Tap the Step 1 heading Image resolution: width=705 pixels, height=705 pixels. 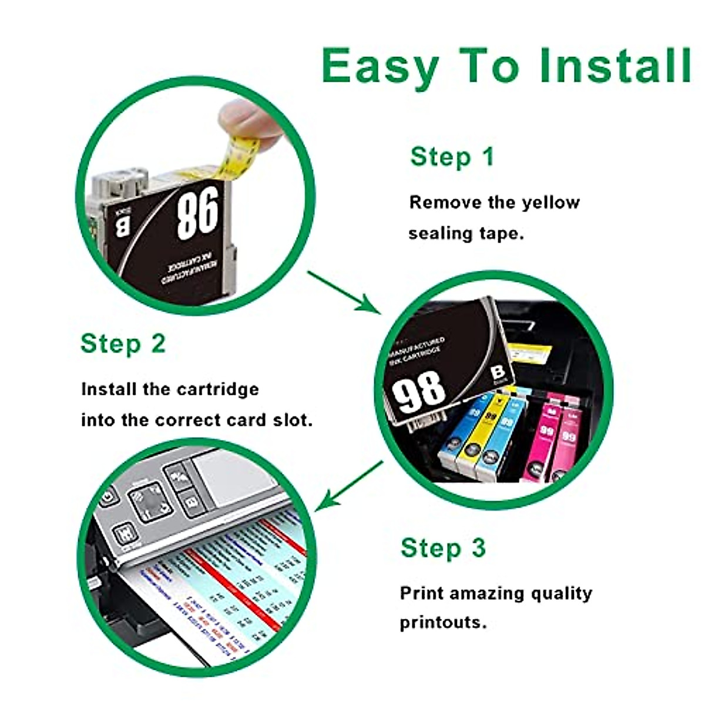[x=452, y=157]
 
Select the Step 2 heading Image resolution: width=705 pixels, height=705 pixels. [x=123, y=344]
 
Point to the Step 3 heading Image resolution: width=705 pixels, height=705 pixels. [x=443, y=548]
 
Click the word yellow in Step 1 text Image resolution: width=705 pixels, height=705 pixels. [x=550, y=203]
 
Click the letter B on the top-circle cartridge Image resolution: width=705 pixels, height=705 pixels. [x=122, y=226]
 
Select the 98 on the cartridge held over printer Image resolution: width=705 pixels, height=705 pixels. [x=418, y=390]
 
